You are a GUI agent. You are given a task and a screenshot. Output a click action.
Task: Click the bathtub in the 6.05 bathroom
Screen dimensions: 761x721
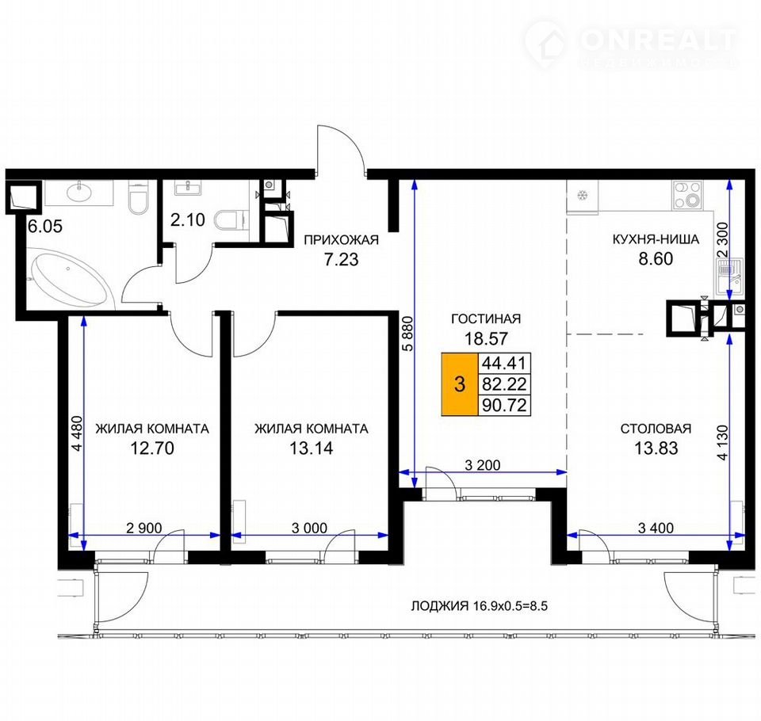pos(70,278)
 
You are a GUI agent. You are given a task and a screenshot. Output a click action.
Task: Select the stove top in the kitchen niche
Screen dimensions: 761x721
pos(687,194)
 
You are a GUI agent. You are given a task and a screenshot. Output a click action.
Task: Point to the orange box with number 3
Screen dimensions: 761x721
pos(460,383)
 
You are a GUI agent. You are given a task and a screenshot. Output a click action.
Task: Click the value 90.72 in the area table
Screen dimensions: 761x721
pos(504,405)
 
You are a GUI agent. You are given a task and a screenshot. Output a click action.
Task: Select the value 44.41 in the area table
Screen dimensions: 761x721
pos(504,363)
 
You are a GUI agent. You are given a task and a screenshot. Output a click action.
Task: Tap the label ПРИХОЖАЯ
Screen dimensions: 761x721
pos(341,240)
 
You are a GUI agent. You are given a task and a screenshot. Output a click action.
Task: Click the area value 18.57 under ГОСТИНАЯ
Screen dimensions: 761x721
pos(486,338)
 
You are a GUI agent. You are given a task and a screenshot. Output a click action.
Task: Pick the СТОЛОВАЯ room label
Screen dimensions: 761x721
pos(656,429)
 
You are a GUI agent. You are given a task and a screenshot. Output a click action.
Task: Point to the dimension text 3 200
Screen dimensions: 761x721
pos(483,465)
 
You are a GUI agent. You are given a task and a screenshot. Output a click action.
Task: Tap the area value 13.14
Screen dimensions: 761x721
pos(311,448)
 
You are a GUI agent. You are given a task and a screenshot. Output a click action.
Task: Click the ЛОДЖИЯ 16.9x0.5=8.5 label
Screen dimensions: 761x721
pos(480,606)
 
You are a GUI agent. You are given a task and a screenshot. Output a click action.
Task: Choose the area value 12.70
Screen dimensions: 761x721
pos(152,448)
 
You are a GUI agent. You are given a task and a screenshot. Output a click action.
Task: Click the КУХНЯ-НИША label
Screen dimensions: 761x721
pos(656,239)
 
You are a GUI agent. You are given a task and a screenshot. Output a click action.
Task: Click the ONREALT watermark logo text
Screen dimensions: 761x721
pos(658,40)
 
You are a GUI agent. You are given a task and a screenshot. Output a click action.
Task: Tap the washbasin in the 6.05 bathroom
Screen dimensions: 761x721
pos(79,193)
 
